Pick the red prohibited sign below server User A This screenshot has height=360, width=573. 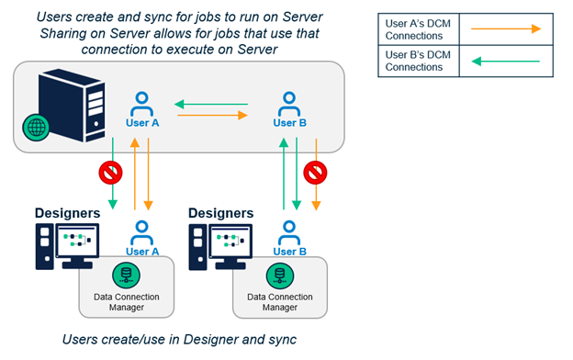109,171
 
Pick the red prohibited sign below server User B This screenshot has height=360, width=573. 316,172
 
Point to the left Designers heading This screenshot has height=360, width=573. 67,213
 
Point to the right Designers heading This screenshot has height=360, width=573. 220,213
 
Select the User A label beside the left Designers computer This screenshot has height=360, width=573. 142,252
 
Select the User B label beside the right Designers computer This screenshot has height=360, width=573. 289,252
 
